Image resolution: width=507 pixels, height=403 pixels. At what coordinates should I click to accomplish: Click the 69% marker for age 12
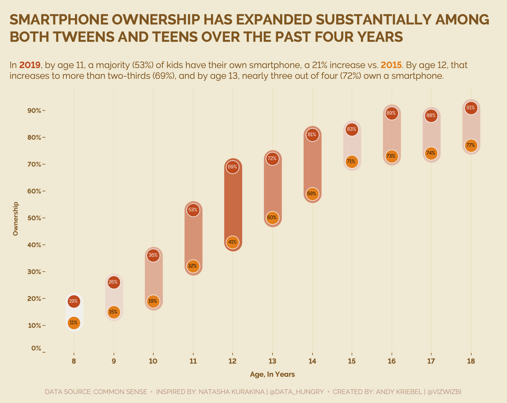233,167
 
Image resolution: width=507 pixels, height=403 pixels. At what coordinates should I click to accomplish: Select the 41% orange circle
233,242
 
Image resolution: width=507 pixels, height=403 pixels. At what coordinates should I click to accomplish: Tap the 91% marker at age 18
471,108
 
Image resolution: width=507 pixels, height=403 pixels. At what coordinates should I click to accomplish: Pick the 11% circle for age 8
74,323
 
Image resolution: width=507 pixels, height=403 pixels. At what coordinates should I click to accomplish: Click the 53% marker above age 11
193,210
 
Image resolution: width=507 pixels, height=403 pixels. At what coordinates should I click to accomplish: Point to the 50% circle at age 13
272,218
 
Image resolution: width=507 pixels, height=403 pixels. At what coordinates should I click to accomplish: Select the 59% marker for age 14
312,194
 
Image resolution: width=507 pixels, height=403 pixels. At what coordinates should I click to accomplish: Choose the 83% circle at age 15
352,129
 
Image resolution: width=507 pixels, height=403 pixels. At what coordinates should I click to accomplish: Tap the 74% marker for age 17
431,153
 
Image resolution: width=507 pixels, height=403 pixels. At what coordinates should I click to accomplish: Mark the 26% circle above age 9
114,282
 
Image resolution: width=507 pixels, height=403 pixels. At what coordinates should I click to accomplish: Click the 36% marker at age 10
153,256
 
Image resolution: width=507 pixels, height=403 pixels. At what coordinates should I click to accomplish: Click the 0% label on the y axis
36,348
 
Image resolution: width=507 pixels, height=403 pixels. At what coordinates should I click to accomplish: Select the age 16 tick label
392,361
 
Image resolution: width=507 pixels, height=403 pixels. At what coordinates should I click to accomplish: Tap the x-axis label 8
74,361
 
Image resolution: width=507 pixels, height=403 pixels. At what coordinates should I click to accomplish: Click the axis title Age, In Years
272,374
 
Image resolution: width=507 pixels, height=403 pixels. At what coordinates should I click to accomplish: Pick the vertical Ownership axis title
16,219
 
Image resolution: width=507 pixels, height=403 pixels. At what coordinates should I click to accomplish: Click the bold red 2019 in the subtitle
30,65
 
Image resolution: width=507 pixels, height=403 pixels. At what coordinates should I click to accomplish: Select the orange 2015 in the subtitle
391,65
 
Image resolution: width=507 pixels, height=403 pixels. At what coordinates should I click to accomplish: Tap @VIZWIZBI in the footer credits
444,392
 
